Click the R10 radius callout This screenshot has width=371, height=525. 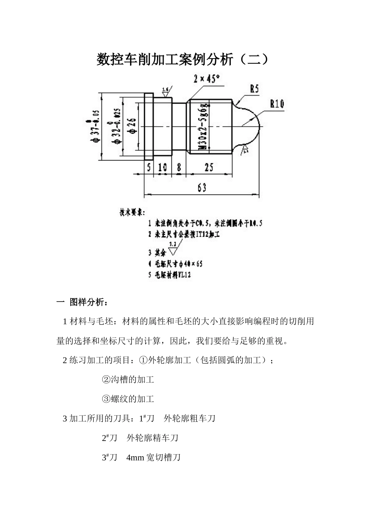pos(277,104)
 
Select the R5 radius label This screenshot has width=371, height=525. pos(254,89)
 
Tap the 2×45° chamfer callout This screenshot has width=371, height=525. pos(207,79)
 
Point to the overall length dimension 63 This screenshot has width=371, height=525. pos(202,188)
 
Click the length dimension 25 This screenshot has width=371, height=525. pos(209,167)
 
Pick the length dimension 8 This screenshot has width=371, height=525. pos(179,167)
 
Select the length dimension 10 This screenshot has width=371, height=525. pos(162,167)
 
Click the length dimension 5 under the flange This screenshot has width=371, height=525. pos(149,167)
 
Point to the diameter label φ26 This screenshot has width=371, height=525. pos(132,126)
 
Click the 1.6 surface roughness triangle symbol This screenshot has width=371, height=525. pos(166,92)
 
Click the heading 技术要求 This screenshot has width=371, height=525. pos(132,213)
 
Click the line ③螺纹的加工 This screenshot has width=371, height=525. pos(128,399)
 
